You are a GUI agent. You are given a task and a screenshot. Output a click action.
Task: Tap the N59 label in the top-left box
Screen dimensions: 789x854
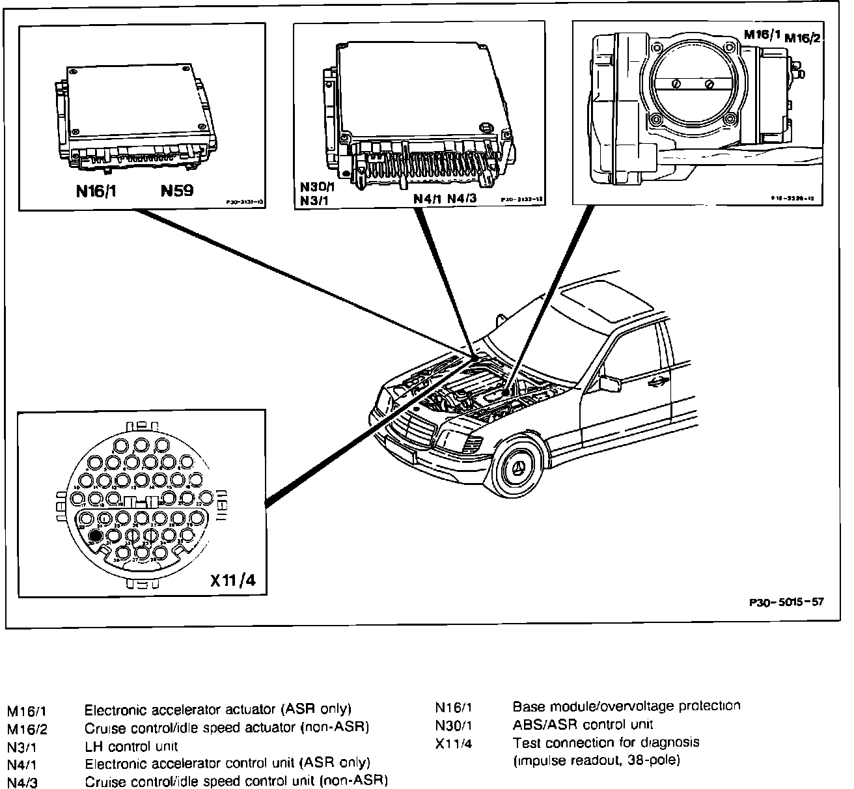point(178,192)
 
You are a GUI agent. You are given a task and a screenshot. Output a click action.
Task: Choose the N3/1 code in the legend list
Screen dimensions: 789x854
point(21,747)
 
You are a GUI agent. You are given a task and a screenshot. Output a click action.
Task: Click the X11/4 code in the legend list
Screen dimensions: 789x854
point(453,743)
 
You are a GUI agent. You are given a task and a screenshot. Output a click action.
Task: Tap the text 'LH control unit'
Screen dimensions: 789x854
point(131,746)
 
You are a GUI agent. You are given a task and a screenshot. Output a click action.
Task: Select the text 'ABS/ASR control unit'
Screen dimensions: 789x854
point(583,724)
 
